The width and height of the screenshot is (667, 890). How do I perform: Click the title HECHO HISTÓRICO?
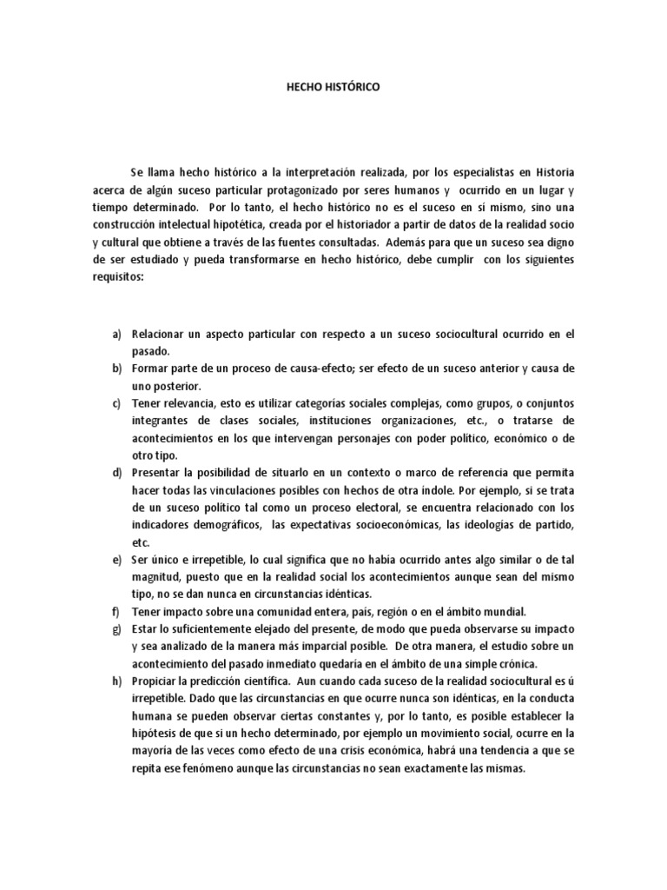click(333, 88)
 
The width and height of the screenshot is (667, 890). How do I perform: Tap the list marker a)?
click(116, 335)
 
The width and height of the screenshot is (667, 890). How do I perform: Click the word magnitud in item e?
click(156, 576)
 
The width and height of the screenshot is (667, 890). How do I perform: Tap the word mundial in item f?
click(505, 611)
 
